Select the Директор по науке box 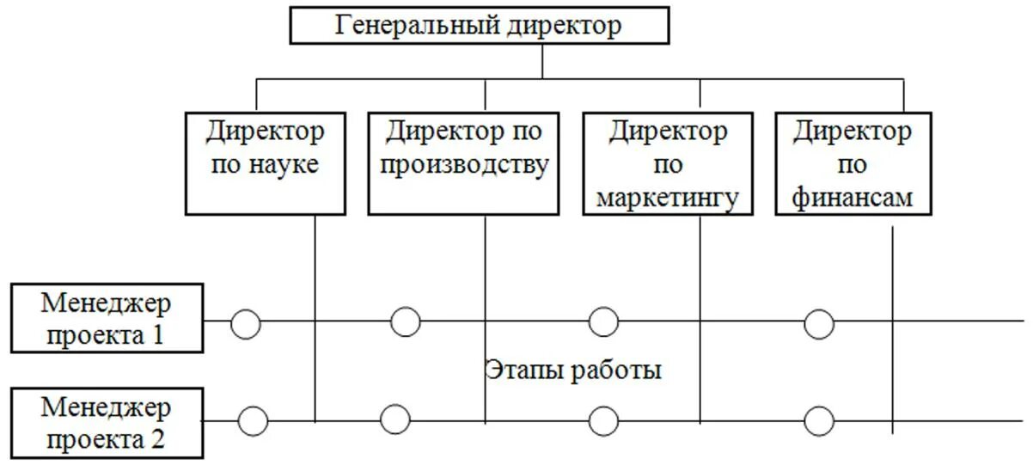coord(265,162)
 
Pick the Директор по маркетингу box coord(667,163)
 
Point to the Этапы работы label coord(573,371)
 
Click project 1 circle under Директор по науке coord(246,324)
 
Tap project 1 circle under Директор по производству coord(406,321)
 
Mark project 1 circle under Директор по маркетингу coord(603,322)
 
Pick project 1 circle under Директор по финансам coord(819,324)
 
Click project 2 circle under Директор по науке coord(253,421)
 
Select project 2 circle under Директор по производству coord(395,419)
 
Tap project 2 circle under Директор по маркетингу coord(603,421)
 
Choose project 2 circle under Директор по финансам coord(819,421)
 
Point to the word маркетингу coord(667,198)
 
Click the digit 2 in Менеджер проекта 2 coord(157,439)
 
